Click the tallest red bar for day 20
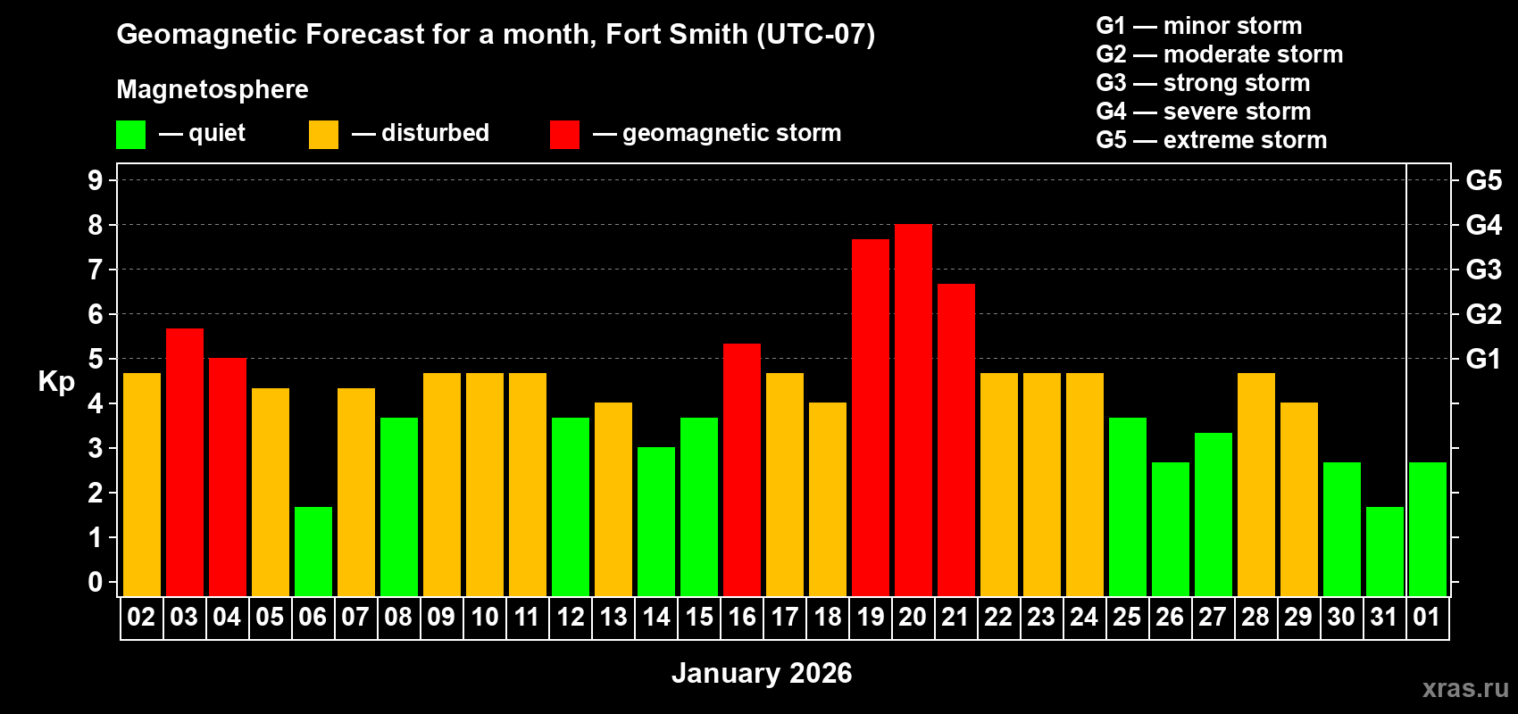pyautogui.click(x=913, y=411)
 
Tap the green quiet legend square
pyautogui.click(x=130, y=135)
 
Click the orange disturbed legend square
pyautogui.click(x=323, y=135)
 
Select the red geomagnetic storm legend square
pyautogui.click(x=564, y=135)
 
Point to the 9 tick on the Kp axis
pyautogui.click(x=96, y=180)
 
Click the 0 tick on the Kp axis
pyautogui.click(x=96, y=583)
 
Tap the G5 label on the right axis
pyautogui.click(x=1483, y=180)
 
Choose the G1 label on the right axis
pyautogui.click(x=1483, y=359)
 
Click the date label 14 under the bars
pyautogui.click(x=656, y=618)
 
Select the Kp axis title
pyautogui.click(x=56, y=382)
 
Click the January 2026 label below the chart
pyautogui.click(x=762, y=673)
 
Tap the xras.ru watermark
pyautogui.click(x=1465, y=688)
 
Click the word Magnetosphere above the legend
pyautogui.click(x=213, y=89)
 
